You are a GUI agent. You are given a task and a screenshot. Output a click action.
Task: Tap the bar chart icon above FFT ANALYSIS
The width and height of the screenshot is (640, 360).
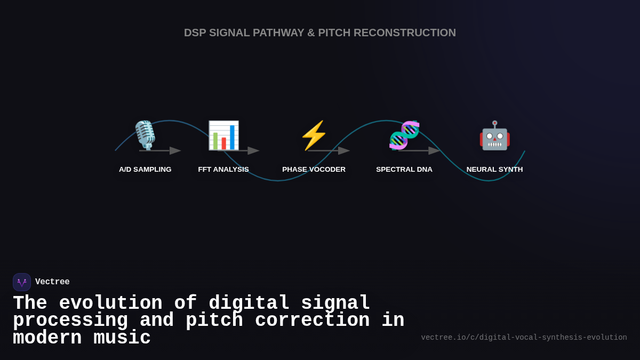pos(223,135)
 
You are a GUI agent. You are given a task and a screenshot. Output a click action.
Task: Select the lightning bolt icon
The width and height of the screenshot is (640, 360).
pos(314,135)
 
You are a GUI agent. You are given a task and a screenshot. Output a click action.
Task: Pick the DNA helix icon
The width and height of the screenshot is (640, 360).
pos(404,135)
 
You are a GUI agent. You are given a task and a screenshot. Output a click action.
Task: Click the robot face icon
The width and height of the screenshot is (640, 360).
pos(494,135)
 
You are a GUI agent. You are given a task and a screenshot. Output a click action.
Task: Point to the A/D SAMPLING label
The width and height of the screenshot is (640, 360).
pos(145,170)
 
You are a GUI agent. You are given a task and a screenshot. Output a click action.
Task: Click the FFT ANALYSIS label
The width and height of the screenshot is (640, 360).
pos(223,170)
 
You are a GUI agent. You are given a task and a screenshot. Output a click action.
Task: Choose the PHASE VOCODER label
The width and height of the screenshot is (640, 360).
pos(314,170)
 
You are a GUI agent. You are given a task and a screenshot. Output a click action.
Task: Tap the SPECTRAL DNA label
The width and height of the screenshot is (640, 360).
pos(404,170)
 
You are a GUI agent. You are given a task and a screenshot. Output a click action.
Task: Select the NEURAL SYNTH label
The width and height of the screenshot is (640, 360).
pos(494,170)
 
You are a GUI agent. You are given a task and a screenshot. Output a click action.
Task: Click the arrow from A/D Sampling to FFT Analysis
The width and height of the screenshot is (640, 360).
pos(160,151)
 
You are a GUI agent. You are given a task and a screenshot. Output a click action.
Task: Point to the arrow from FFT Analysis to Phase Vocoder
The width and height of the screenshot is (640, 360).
pos(238,151)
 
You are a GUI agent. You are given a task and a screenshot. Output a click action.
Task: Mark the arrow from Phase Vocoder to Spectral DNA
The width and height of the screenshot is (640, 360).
pos(329,151)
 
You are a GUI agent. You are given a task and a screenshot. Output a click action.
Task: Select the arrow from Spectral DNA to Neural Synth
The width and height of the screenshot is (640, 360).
pos(419,151)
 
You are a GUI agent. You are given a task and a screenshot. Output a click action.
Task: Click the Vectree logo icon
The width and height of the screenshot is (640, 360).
pos(22,282)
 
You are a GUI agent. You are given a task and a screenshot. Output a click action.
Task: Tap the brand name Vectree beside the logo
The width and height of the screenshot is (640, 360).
pos(52,282)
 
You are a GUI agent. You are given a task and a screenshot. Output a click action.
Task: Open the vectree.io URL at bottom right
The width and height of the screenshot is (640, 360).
pos(524,338)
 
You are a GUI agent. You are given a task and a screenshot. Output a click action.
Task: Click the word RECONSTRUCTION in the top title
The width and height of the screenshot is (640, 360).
pos(404,33)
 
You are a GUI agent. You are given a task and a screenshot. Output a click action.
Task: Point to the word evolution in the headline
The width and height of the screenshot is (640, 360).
pos(110,303)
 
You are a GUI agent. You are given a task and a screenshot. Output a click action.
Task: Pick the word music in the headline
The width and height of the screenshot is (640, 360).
pos(122,338)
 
